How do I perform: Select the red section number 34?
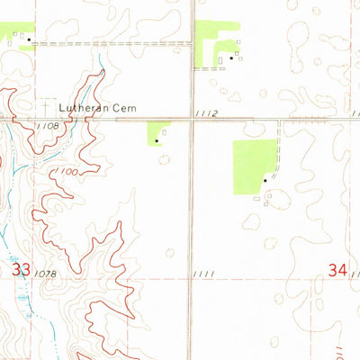pyautogui.click(x=337, y=268)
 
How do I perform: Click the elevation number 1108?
pyautogui.click(x=49, y=126)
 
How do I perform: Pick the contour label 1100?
pyautogui.click(x=64, y=170)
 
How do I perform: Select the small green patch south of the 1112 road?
pyautogui.click(x=157, y=131)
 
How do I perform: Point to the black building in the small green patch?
pyautogui.click(x=157, y=139)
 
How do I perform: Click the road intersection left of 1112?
pyautogui.click(x=190, y=119)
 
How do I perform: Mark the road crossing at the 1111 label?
pyautogui.click(x=189, y=278)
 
